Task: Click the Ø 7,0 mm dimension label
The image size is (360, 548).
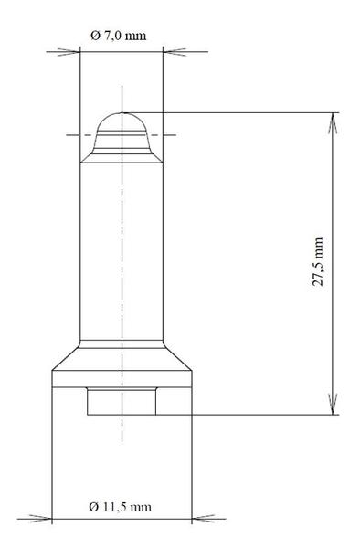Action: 119,36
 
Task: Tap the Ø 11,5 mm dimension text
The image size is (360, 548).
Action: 121,507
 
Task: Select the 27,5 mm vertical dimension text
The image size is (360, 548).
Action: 318,262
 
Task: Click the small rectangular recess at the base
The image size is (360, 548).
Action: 122,401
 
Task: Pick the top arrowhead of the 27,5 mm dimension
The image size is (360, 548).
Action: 334,123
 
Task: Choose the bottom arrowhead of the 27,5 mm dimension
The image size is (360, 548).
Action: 334,404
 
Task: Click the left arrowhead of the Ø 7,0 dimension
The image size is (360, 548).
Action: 69,52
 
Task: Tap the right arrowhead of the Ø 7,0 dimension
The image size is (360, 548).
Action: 175,52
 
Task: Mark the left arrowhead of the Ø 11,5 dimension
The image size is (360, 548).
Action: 41,518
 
